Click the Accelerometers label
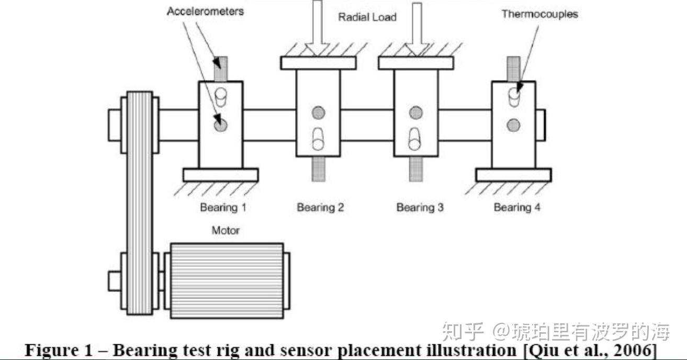pyautogui.click(x=205, y=11)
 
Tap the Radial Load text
pyautogui.click(x=367, y=17)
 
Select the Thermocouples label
pyautogui.click(x=539, y=14)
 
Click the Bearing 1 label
pyautogui.click(x=222, y=208)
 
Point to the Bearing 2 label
pyautogui.click(x=320, y=208)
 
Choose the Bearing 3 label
pyautogui.click(x=420, y=208)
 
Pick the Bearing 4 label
pyautogui.click(x=517, y=208)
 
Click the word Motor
pyautogui.click(x=226, y=230)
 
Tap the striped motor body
pyautogui.click(x=226, y=280)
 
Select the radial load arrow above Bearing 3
pyautogui.click(x=416, y=26)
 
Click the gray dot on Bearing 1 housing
pyautogui.click(x=220, y=125)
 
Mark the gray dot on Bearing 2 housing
pyautogui.click(x=318, y=112)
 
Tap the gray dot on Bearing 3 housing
pyautogui.click(x=416, y=112)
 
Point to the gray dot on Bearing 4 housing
pyautogui.click(x=514, y=125)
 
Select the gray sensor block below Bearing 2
pyautogui.click(x=319, y=168)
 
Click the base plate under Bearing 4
pyautogui.click(x=513, y=175)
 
